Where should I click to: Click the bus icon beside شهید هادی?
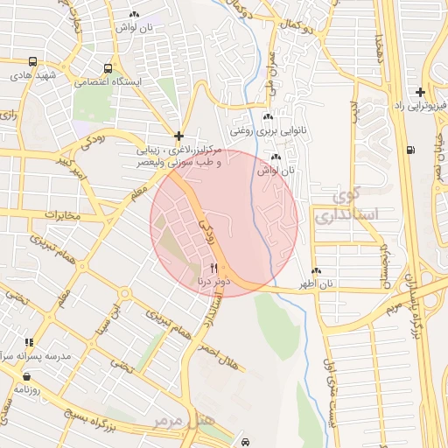32,62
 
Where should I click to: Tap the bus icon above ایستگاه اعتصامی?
108,68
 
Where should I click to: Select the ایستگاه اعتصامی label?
107,83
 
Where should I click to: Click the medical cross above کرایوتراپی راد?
421,92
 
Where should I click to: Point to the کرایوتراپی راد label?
411,107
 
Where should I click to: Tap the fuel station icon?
411,149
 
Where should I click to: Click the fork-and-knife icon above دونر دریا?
213,268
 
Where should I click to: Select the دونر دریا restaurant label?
213,283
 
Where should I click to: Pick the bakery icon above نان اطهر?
316,271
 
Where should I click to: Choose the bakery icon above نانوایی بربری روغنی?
268,118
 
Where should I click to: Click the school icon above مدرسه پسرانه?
29,343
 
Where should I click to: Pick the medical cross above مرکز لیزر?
178,136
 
